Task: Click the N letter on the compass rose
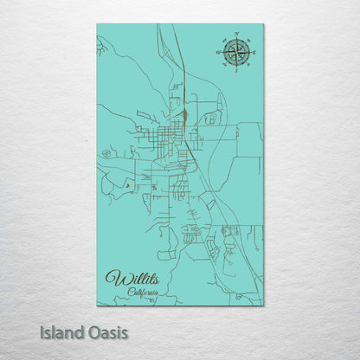coord(235,35)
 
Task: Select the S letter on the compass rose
coord(235,72)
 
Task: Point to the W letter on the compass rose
coord(216,53)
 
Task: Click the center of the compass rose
coord(235,53)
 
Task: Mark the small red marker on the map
coord(127,183)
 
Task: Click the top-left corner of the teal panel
coord(97,24)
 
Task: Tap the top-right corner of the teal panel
coord(264,24)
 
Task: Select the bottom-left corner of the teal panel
coord(97,305)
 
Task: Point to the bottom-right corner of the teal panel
coord(264,305)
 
